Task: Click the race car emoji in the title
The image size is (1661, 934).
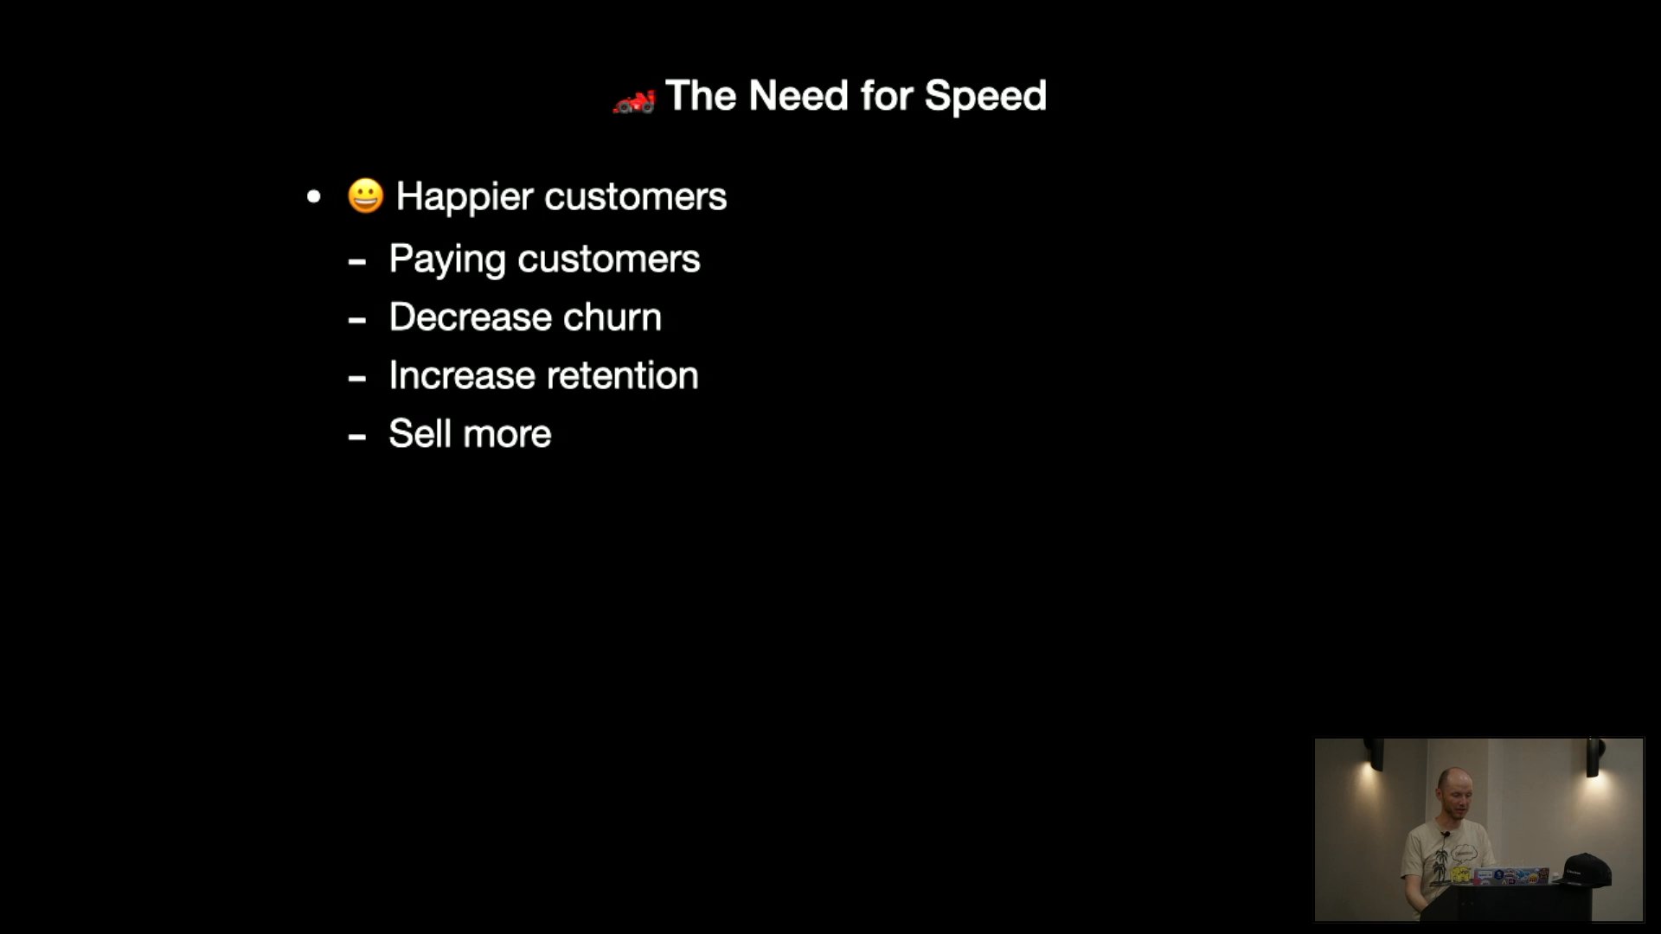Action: [x=634, y=101]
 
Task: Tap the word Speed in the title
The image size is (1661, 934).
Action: [x=985, y=96]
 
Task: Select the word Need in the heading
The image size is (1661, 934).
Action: [x=798, y=95]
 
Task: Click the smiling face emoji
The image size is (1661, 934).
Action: [x=365, y=195]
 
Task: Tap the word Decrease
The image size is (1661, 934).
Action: [x=470, y=317]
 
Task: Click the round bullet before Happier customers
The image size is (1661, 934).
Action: [x=314, y=197]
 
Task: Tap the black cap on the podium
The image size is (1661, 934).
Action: [x=1587, y=869]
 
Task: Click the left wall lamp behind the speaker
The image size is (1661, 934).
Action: [x=1373, y=753]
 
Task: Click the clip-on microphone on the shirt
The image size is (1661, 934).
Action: [x=1444, y=835]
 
